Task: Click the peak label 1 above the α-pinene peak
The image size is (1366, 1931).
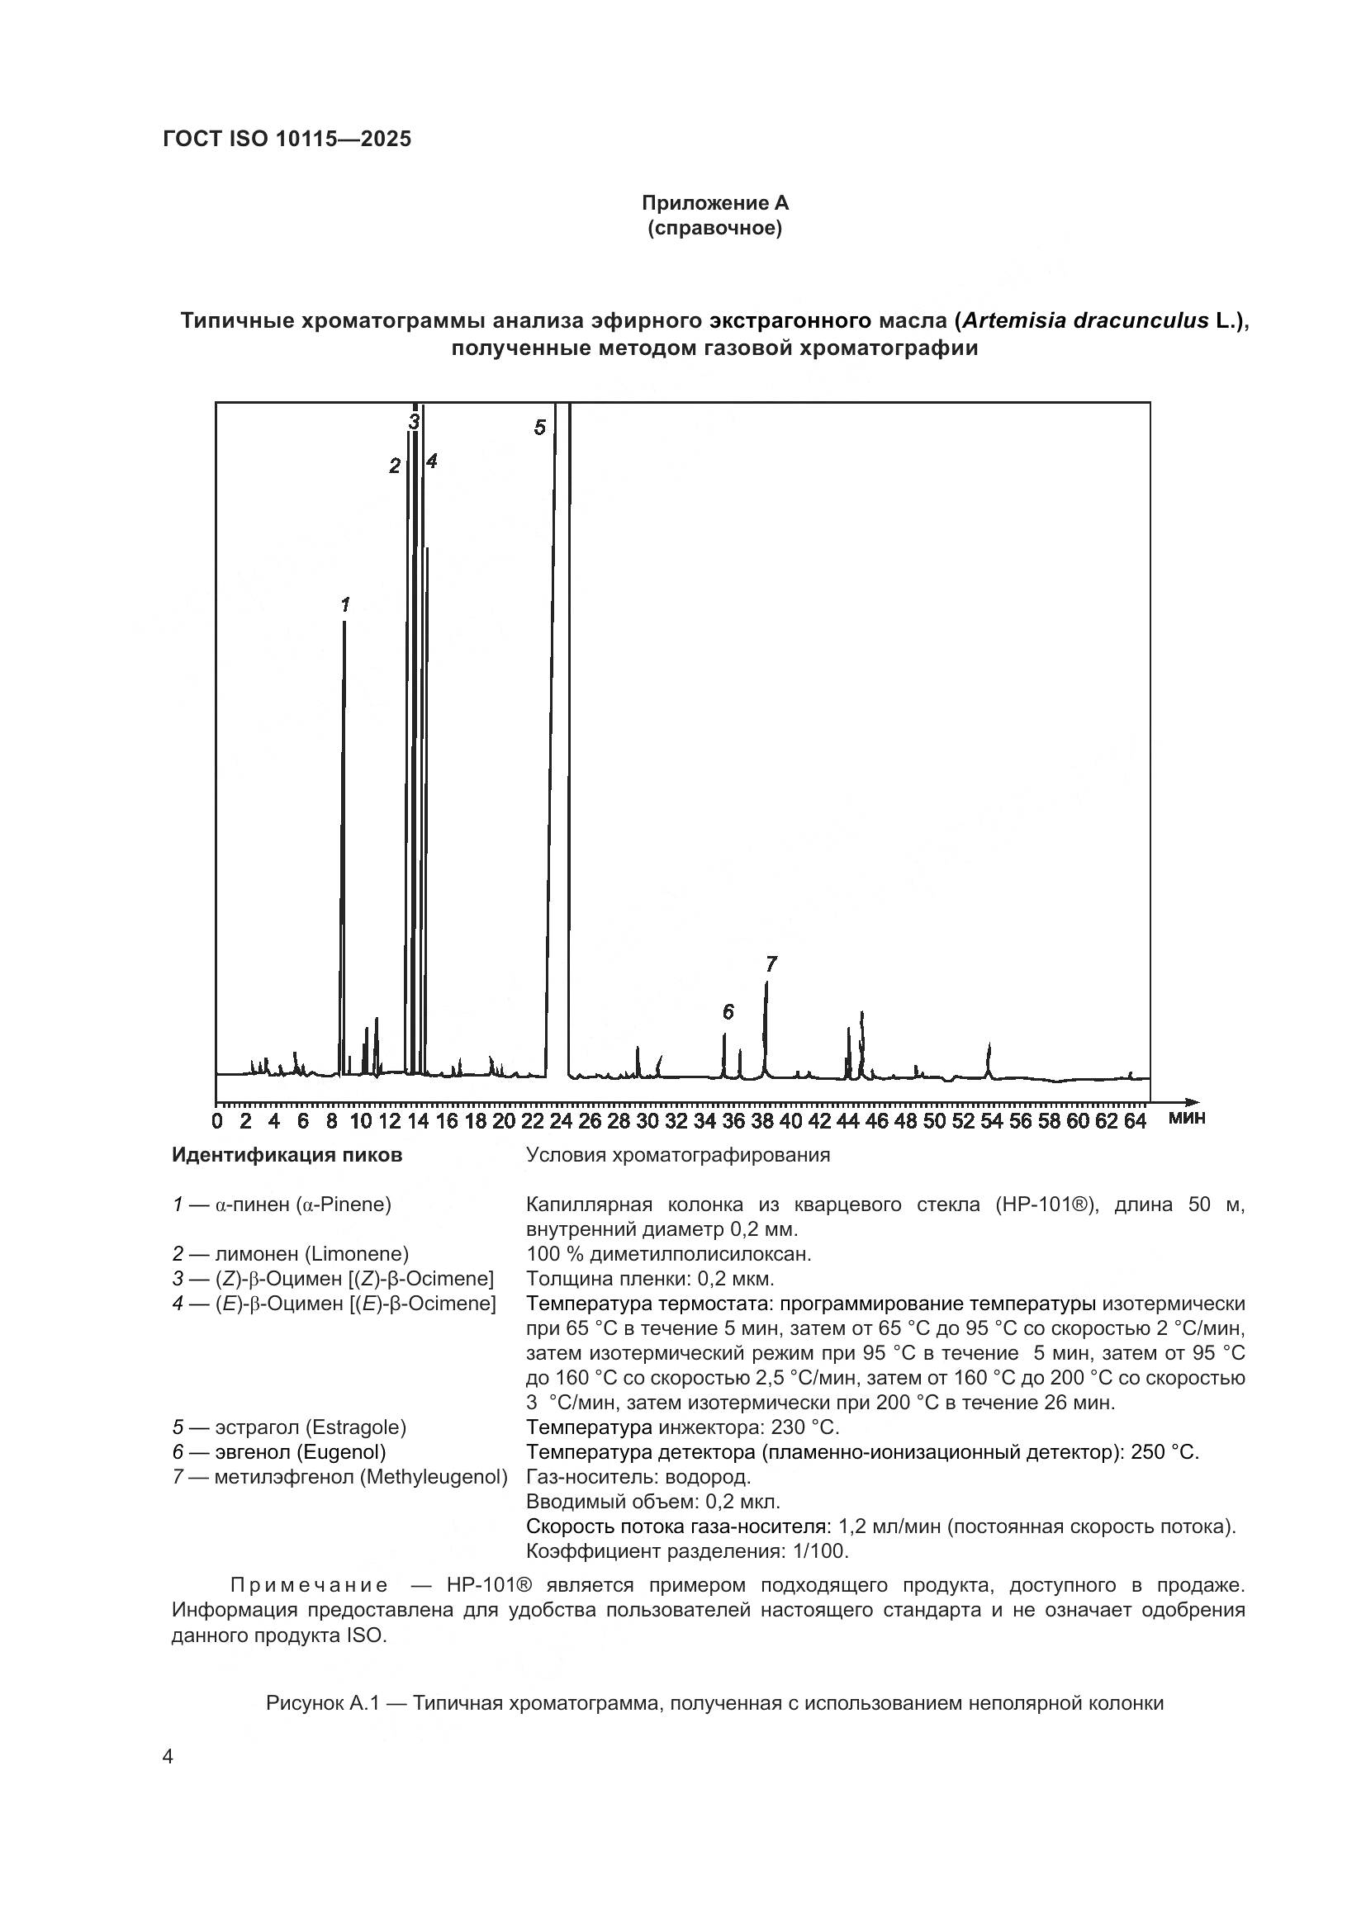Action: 345,603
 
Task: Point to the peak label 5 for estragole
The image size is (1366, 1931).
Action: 539,428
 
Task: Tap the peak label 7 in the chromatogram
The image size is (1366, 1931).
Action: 771,963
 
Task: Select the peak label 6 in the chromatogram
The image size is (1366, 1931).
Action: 728,1012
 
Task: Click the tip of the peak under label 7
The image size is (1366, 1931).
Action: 766,983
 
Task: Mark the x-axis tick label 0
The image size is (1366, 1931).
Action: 218,1121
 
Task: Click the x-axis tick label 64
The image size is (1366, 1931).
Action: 1136,1121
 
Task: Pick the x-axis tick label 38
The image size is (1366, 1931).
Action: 763,1121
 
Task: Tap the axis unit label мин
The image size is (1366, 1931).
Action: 1187,1118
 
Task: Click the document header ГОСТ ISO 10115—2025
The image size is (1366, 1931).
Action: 287,140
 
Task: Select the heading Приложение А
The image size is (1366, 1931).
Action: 715,203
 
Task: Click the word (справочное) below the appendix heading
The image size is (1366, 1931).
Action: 715,228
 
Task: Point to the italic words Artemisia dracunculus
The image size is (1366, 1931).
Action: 1085,320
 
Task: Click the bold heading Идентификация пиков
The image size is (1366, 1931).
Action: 287,1155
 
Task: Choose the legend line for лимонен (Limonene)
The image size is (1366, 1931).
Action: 291,1254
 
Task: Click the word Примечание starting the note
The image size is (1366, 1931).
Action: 309,1585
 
